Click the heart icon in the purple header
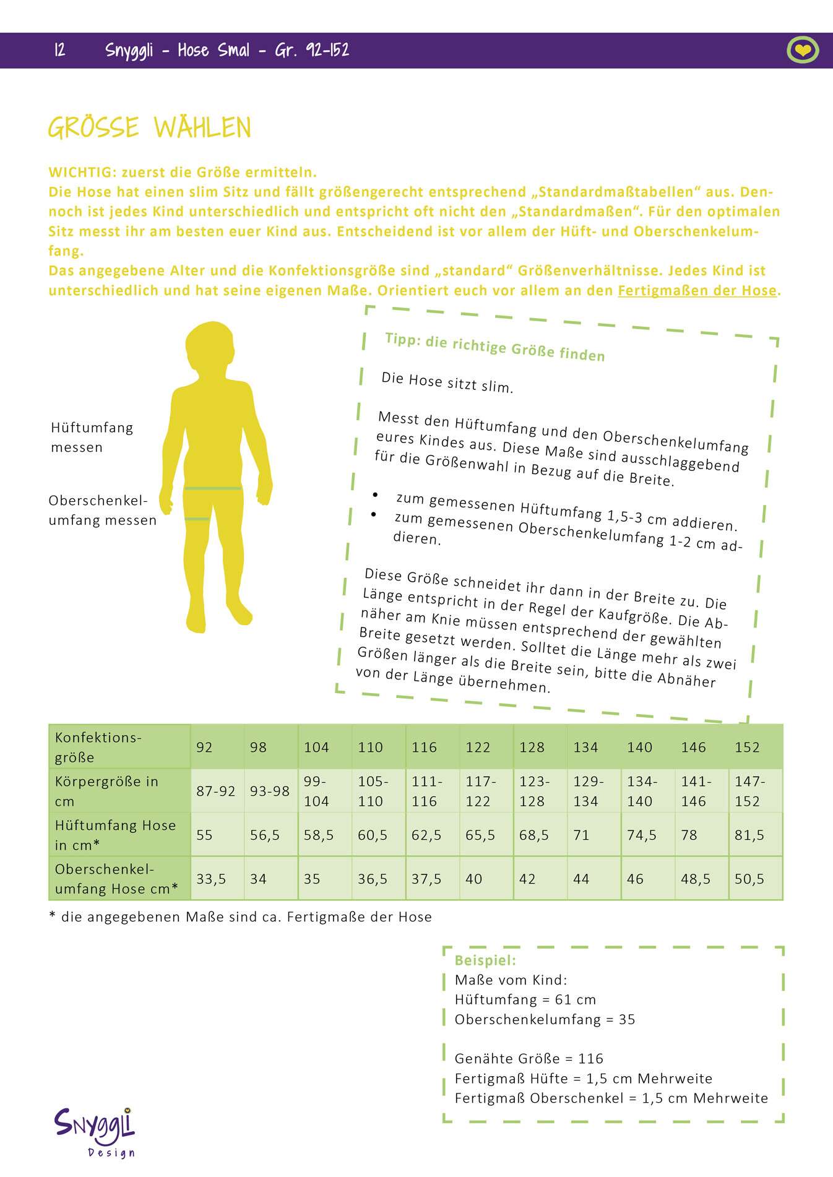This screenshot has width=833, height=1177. coord(803,50)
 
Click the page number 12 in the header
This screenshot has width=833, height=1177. coord(60,50)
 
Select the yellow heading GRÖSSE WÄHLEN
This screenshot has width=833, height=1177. coord(150,128)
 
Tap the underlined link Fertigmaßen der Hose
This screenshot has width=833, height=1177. coord(697,290)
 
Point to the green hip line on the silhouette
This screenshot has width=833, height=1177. coord(213,488)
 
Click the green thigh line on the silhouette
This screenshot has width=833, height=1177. coord(197,519)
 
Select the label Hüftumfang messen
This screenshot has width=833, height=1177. coord(92,437)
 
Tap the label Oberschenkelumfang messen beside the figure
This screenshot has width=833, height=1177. coord(102,510)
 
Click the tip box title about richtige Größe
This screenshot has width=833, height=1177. coord(494,347)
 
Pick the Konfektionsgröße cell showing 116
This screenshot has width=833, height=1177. coord(424,747)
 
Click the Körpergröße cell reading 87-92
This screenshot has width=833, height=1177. coord(215,791)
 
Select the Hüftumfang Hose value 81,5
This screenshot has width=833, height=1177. coord(749,835)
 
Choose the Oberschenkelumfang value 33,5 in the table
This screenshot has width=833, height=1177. coord(211,879)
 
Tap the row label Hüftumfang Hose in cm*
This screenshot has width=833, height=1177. coord(116,834)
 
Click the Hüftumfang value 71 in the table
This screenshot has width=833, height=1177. coord(581,835)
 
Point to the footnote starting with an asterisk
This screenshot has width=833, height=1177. coord(240,916)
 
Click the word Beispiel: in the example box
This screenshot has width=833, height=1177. coord(485,960)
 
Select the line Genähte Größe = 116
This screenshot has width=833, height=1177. coord(529,1058)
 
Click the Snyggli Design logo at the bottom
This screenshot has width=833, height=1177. coord(95,1131)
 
